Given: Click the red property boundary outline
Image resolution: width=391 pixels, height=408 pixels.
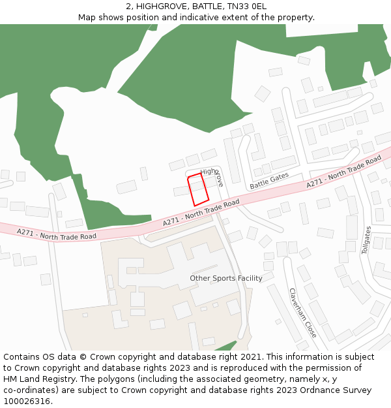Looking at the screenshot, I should tap(198, 190).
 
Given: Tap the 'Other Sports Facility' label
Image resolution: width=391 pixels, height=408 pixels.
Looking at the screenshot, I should tap(226, 278).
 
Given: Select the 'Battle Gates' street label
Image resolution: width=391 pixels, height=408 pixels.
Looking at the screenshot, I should tap(269, 181).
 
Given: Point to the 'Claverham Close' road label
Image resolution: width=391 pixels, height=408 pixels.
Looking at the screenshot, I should tap(302, 313).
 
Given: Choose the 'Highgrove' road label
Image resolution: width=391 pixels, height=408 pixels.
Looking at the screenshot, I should tap(213, 176).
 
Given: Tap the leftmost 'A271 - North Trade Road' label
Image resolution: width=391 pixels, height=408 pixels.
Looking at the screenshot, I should tap(57, 234).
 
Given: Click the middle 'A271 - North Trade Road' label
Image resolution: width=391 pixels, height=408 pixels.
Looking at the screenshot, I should tap(201, 214).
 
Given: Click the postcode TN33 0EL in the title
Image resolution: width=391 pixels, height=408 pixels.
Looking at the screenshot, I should tap(246, 7).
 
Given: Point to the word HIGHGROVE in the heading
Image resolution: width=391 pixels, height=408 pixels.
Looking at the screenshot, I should tap(161, 7).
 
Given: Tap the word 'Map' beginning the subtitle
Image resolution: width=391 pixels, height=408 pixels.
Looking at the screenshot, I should tap(87, 18).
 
